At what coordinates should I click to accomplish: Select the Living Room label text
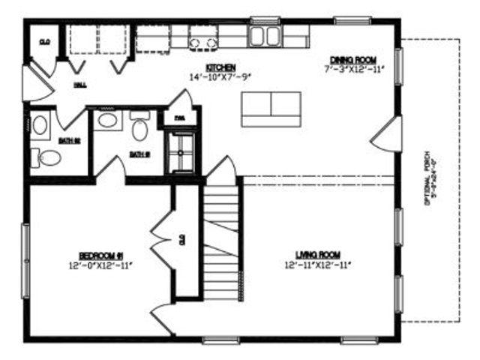click(318, 255)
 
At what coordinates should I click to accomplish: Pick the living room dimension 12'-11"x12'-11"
click(318, 265)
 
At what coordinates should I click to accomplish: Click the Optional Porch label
click(429, 179)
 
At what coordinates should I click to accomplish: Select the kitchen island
click(271, 109)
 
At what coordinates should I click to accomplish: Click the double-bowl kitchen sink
click(264, 35)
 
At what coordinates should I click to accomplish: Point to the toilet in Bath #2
click(49, 157)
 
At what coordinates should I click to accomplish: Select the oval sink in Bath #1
click(107, 120)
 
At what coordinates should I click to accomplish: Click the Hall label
click(79, 86)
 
